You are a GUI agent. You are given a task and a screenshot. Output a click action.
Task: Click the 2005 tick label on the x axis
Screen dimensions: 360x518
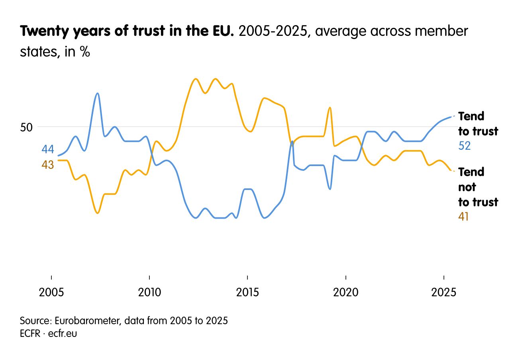[x=51, y=293]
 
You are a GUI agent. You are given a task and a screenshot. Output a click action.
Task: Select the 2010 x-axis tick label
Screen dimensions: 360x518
[x=149, y=293]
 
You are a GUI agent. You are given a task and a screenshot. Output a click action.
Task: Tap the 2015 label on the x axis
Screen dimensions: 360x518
[x=247, y=293]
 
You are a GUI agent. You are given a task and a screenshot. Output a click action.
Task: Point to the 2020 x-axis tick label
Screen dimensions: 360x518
[x=345, y=293]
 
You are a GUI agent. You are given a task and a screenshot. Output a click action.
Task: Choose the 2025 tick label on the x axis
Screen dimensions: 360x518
[x=443, y=293]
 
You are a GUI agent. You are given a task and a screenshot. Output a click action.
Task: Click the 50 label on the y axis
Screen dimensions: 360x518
[x=26, y=127]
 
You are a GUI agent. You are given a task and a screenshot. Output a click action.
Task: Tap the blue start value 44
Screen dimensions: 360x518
[x=48, y=149]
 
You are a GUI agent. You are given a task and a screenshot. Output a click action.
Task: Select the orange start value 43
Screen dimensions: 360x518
[x=48, y=164]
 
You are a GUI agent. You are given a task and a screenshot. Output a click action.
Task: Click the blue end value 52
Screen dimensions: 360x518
[x=465, y=146]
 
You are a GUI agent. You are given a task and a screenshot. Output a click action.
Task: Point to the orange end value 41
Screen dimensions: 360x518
[x=463, y=217]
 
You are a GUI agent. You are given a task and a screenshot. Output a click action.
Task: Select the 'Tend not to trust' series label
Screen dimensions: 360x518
[x=478, y=187]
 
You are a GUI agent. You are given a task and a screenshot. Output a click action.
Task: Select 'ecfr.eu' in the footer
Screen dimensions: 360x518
[x=62, y=334]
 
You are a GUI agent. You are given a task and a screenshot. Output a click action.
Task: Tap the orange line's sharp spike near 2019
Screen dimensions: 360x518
[x=330, y=108]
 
